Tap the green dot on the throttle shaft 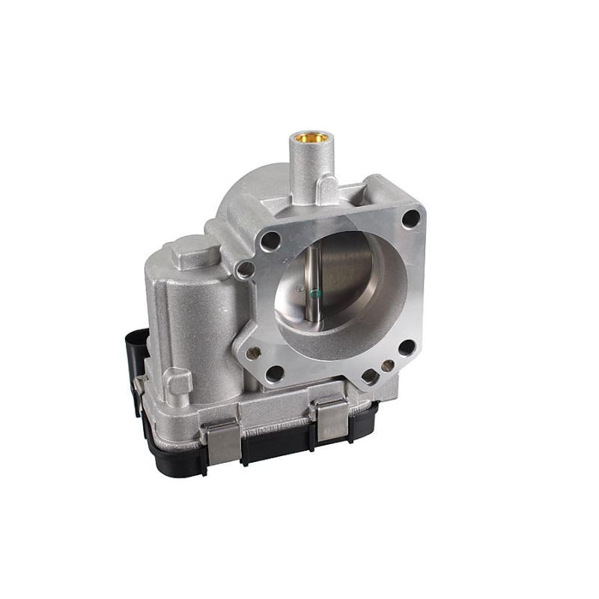pyautogui.click(x=315, y=292)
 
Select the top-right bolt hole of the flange pyautogui.click(x=410, y=219)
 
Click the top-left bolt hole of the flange pyautogui.click(x=270, y=241)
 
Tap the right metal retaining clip pyautogui.click(x=331, y=420)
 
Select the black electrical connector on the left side pyautogui.click(x=136, y=367)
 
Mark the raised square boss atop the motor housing pyautogui.click(x=193, y=251)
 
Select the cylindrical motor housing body pyautogui.click(x=191, y=314)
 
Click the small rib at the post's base pyautogui.click(x=328, y=187)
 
